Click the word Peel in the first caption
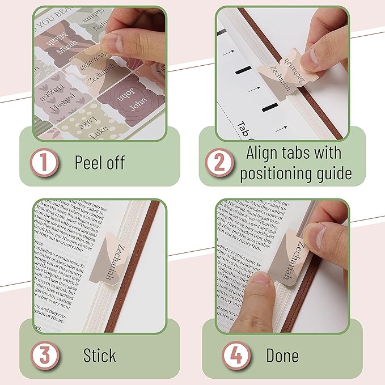pyautogui.click(x=88, y=163)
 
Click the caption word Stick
pyautogui.click(x=99, y=356)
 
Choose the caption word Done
pyautogui.click(x=282, y=356)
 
